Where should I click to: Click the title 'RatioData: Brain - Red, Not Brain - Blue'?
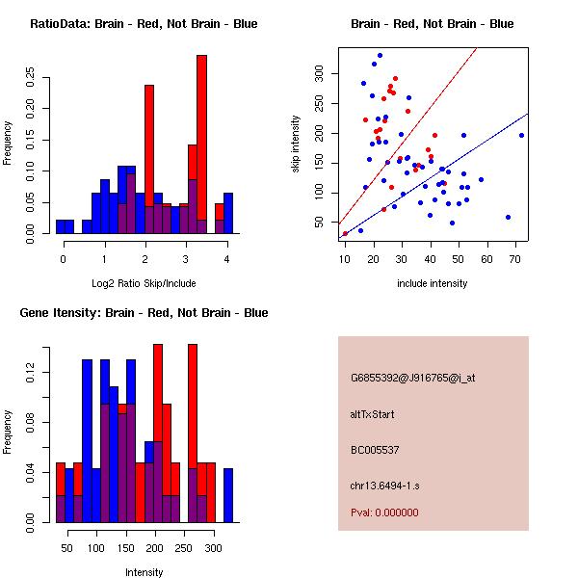click(144, 23)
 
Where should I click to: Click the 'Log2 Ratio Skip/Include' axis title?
click(144, 283)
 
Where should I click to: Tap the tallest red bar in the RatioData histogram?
click(201, 144)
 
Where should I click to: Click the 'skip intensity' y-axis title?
click(297, 144)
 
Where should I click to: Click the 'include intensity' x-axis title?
click(433, 283)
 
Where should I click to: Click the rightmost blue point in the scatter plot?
click(521, 135)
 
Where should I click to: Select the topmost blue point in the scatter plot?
click(380, 56)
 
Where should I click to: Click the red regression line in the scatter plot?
click(424, 116)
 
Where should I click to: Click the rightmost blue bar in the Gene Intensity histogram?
click(228, 495)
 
